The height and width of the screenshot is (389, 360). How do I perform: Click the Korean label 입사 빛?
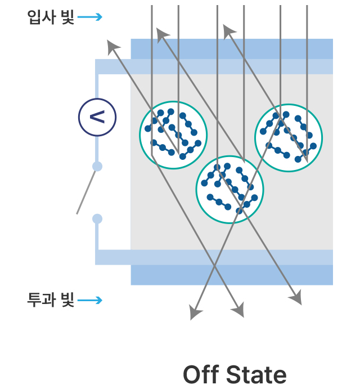pyautogui.click(x=51, y=17)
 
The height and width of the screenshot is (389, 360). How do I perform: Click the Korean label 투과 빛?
pyautogui.click(x=51, y=300)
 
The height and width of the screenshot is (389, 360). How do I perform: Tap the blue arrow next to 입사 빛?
pyautogui.click(x=90, y=17)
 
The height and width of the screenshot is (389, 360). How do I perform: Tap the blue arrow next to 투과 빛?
pyautogui.click(x=90, y=300)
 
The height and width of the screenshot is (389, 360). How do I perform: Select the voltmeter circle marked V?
pyautogui.click(x=97, y=117)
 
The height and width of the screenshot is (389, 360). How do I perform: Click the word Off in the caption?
pyautogui.click(x=201, y=374)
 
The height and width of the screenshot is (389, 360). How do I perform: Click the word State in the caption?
pyautogui.click(x=256, y=374)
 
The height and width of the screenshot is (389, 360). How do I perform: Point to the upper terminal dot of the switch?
pyautogui.click(x=97, y=166)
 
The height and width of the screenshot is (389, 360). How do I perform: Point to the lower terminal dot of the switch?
pyautogui.click(x=97, y=219)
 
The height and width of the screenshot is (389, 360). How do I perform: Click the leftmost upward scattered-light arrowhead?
pyautogui.click(x=113, y=47)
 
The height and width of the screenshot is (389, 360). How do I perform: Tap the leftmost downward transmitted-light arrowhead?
pyautogui.click(x=195, y=312)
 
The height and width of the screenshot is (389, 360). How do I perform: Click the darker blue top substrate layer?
pyautogui.click(x=232, y=49)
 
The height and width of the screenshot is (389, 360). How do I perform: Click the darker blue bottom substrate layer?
pyautogui.click(x=232, y=275)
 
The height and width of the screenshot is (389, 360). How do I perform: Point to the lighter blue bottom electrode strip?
pyautogui.click(x=214, y=257)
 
